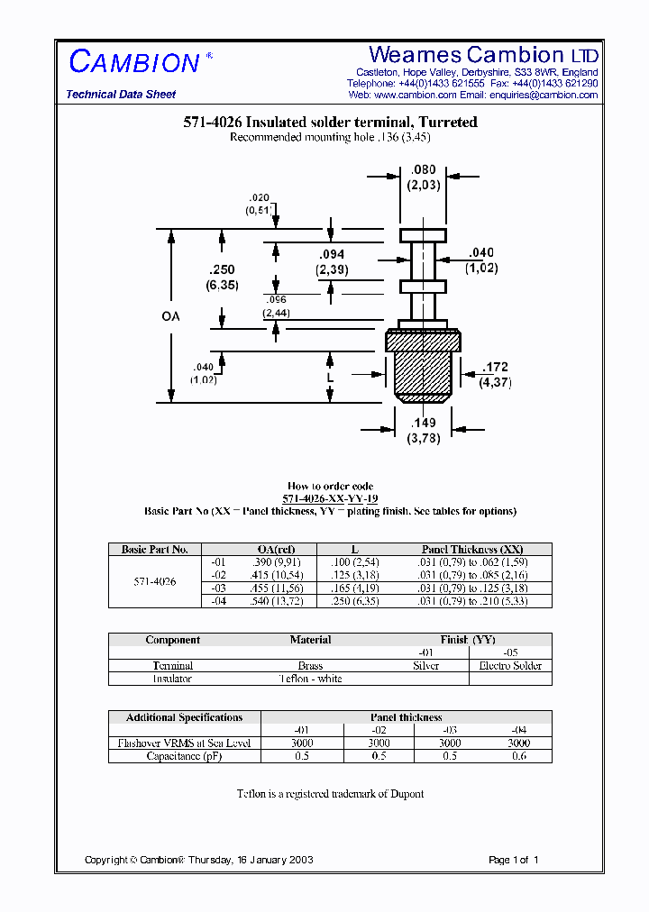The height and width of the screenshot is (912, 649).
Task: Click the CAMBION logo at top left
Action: (134, 62)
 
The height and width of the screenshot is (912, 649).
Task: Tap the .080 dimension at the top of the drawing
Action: (423, 169)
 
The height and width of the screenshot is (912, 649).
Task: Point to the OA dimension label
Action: (170, 316)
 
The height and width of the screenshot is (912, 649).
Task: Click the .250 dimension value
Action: (221, 270)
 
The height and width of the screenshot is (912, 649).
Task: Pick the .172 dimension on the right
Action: (495, 367)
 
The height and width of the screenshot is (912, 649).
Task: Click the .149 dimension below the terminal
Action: (423, 423)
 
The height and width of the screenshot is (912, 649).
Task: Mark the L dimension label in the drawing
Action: (331, 378)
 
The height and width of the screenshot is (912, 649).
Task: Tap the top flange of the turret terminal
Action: (423, 236)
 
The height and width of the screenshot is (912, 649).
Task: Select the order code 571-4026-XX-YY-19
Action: (330, 498)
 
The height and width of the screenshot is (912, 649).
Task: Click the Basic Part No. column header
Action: (154, 550)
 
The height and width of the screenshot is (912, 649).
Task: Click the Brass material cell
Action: (310, 666)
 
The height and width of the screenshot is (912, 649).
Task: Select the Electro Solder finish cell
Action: (510, 666)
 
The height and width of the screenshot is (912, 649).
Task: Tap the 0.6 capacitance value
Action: (518, 756)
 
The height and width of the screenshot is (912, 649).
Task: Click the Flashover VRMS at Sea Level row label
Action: (184, 743)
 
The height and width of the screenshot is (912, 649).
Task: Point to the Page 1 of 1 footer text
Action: (513, 860)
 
